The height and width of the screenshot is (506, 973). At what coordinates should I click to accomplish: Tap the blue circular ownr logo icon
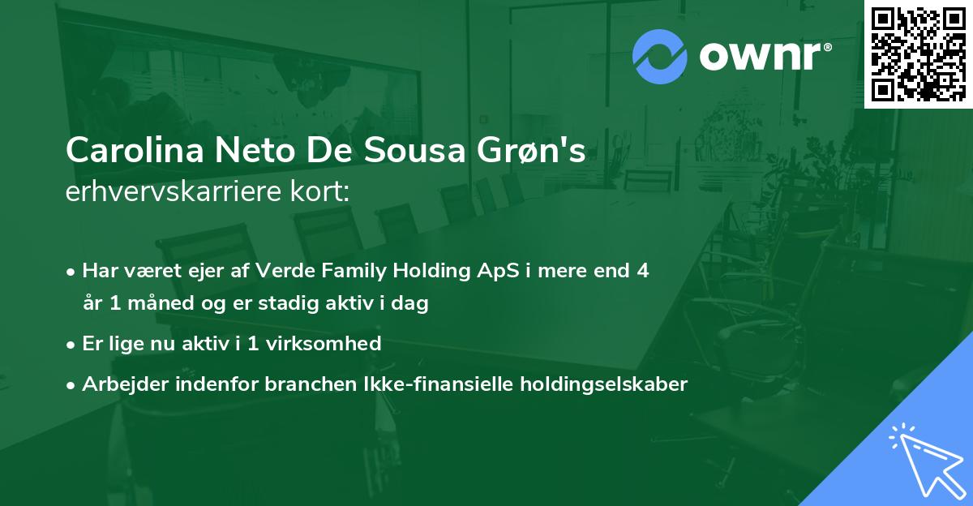(660, 56)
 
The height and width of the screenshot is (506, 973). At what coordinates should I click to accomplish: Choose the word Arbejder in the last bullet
(119, 384)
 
